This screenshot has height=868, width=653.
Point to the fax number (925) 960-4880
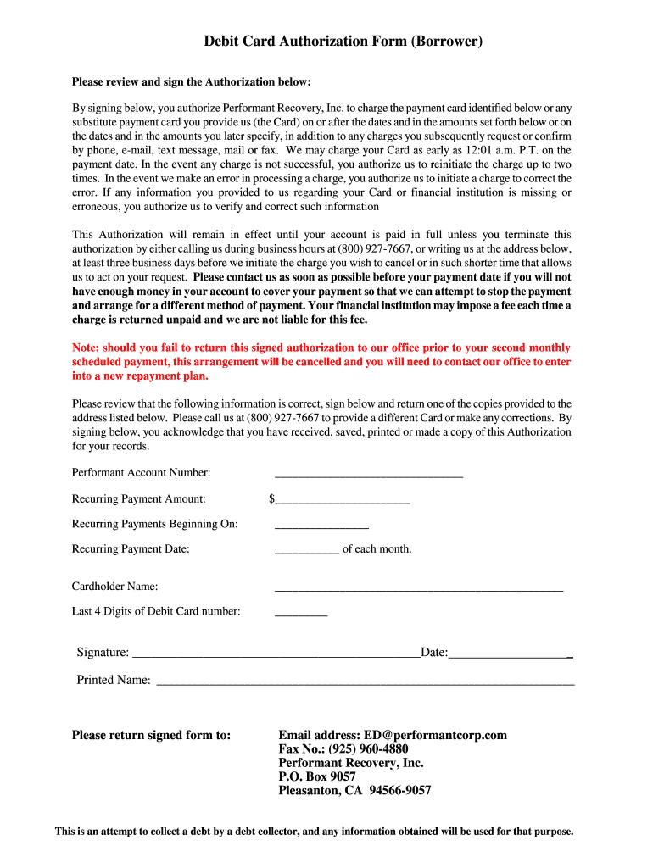coord(343,749)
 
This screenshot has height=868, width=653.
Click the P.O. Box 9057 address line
coord(316,776)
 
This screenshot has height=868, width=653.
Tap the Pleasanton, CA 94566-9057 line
coord(354,791)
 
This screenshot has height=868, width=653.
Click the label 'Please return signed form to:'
coord(151,735)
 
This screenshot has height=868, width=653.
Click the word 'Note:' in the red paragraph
coord(87,348)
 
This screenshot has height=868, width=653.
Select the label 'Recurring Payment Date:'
coord(131,549)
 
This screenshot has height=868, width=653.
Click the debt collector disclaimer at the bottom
coord(315,832)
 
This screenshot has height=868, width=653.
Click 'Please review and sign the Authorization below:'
coord(192,82)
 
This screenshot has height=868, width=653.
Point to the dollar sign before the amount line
coord(271,499)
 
